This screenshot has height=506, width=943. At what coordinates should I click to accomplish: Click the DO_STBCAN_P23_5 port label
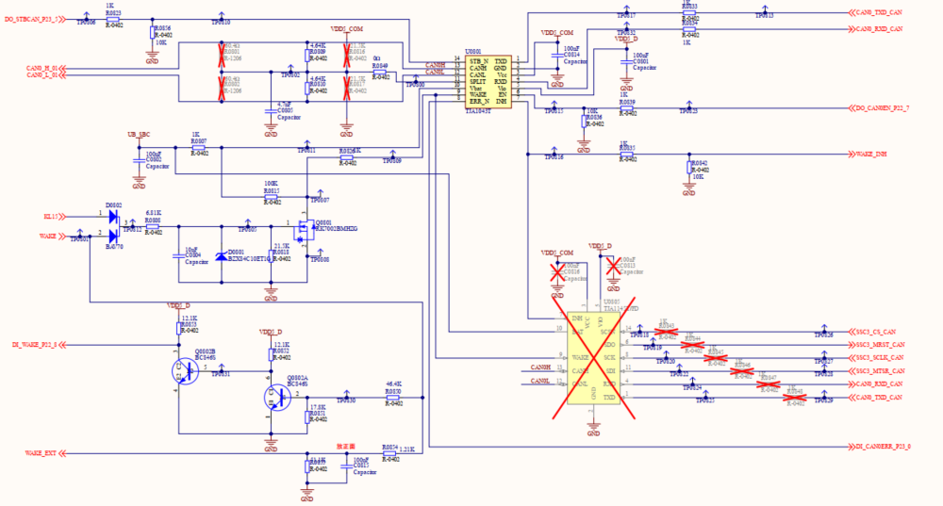coord(36,19)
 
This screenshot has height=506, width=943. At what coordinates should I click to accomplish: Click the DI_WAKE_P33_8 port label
coord(35,345)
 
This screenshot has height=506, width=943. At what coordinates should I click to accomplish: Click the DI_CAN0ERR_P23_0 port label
coord(883,446)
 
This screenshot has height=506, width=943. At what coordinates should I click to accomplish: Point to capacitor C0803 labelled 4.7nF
coord(272,106)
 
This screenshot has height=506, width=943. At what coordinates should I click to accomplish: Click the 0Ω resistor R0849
coord(380,75)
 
